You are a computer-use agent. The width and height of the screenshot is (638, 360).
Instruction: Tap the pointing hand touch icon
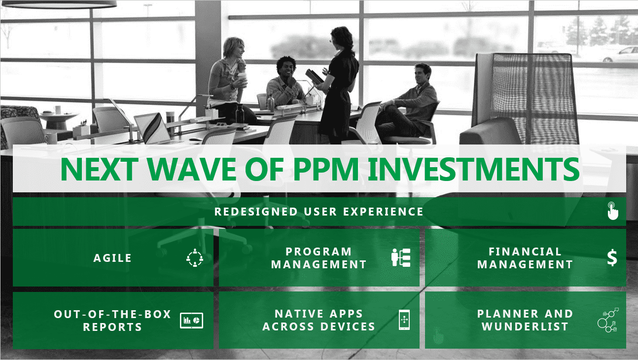612,211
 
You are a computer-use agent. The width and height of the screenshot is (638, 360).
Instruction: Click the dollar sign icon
612,258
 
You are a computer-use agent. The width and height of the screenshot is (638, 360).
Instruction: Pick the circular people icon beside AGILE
195,258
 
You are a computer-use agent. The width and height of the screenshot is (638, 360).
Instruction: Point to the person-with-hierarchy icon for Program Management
401,257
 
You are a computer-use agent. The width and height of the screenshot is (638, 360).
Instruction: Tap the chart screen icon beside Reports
192,321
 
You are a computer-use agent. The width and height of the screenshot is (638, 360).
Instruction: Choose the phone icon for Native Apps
404,320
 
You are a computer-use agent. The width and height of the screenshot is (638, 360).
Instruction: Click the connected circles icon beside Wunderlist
608,320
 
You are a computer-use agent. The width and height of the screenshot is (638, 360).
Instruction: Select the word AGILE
112,258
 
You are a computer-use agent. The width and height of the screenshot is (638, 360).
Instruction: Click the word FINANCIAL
525,252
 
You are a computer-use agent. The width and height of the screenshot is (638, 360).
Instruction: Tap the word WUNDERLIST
525,326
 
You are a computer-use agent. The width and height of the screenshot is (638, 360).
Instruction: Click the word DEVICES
348,326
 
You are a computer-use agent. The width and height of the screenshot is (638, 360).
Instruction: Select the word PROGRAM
319,252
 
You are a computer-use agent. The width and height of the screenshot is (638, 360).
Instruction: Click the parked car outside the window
620,55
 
